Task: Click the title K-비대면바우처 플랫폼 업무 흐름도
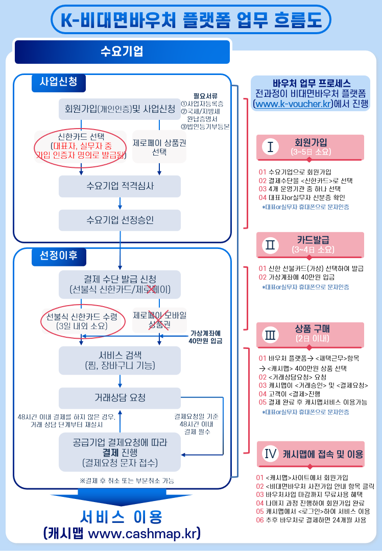point(191,19)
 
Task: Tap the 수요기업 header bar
point(122,52)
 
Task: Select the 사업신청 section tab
point(59,82)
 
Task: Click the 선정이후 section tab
point(59,256)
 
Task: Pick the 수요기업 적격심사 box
point(120,186)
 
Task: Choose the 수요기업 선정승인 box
point(120,220)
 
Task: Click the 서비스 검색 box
point(120,360)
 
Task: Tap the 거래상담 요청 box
point(120,397)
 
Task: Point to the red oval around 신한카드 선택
point(80,146)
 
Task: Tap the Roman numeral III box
point(270,334)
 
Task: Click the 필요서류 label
point(205,95)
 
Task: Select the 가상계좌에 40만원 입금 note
point(206,337)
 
